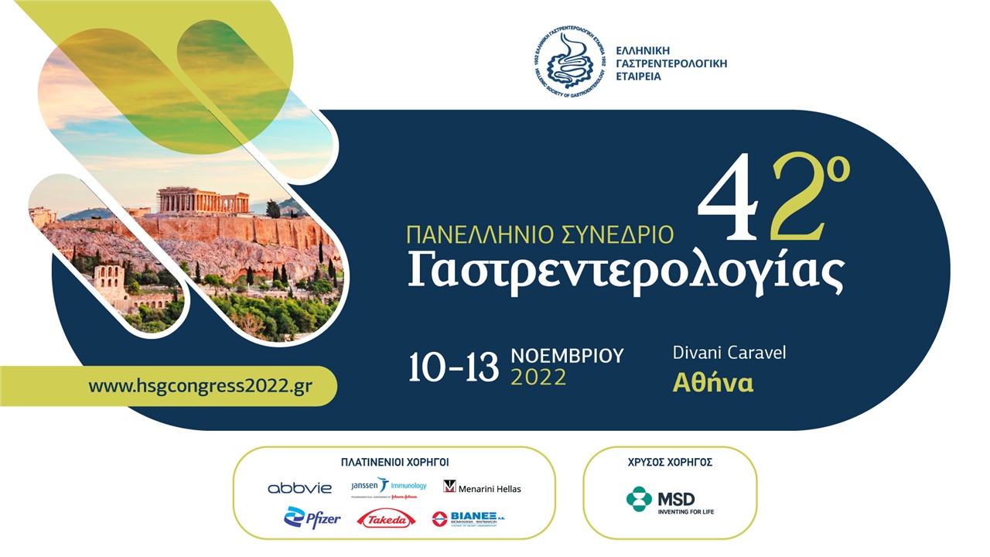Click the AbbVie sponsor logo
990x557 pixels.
(299, 488)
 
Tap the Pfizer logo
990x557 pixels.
(312, 518)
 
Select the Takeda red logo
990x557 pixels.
(386, 519)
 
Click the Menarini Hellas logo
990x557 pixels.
(482, 487)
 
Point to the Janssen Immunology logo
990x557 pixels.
(388, 487)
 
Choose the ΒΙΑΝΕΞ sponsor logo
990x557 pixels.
(468, 518)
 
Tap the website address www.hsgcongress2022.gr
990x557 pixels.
(200, 385)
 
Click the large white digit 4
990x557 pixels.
(734, 198)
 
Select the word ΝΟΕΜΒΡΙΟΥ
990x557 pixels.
(567, 356)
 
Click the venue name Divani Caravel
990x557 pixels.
(729, 353)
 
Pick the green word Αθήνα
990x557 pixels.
(713, 383)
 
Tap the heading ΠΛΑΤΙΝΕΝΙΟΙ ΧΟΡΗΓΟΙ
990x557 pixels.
(394, 462)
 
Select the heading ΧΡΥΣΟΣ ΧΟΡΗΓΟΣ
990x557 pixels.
(670, 462)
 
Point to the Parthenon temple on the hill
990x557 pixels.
(203, 200)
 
